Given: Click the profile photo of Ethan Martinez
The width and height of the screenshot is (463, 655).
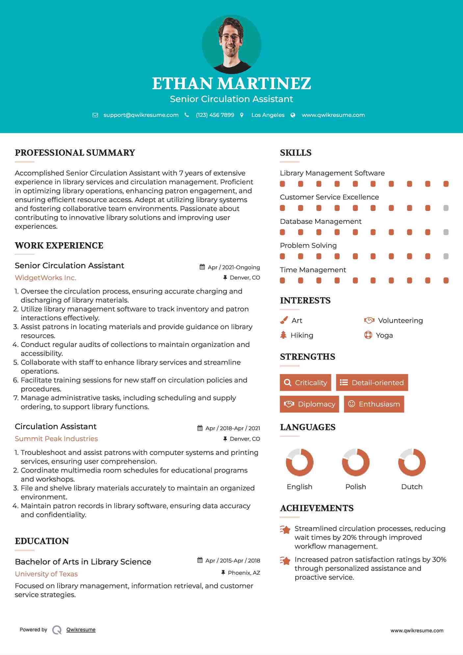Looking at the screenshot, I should [x=231, y=44].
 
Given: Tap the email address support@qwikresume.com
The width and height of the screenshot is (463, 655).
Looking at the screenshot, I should [x=141, y=115].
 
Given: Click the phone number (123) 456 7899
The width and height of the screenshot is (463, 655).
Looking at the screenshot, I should [x=215, y=115].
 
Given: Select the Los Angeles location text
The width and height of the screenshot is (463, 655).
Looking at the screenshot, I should [x=268, y=115].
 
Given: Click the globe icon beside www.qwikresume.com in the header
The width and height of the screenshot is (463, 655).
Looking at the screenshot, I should [x=293, y=115].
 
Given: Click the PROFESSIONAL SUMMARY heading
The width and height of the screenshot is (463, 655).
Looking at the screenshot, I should [x=75, y=153].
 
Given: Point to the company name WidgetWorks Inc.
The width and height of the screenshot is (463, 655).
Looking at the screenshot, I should [x=45, y=278].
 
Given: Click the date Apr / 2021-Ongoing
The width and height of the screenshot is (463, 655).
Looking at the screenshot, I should [x=234, y=267].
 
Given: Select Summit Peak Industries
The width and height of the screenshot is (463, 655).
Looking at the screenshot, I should [x=56, y=439].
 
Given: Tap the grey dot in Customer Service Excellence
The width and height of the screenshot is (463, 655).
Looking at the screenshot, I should [x=446, y=208].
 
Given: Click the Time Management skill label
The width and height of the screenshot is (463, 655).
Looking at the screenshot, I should [x=313, y=270].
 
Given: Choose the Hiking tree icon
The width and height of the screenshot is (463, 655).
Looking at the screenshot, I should [x=283, y=335].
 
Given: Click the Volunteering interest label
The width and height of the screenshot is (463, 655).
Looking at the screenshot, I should [x=400, y=321].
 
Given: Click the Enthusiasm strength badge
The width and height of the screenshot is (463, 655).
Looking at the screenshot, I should [x=374, y=404].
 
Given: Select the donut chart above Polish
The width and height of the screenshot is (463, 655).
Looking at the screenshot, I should [x=355, y=462].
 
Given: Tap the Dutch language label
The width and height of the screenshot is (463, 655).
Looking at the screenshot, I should [x=412, y=487].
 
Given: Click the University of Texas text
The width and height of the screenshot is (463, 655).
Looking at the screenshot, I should [x=46, y=574].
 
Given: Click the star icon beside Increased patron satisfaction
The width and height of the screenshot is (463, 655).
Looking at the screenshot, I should [x=285, y=561].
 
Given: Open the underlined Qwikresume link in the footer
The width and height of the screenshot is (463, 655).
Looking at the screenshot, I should [x=81, y=630].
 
